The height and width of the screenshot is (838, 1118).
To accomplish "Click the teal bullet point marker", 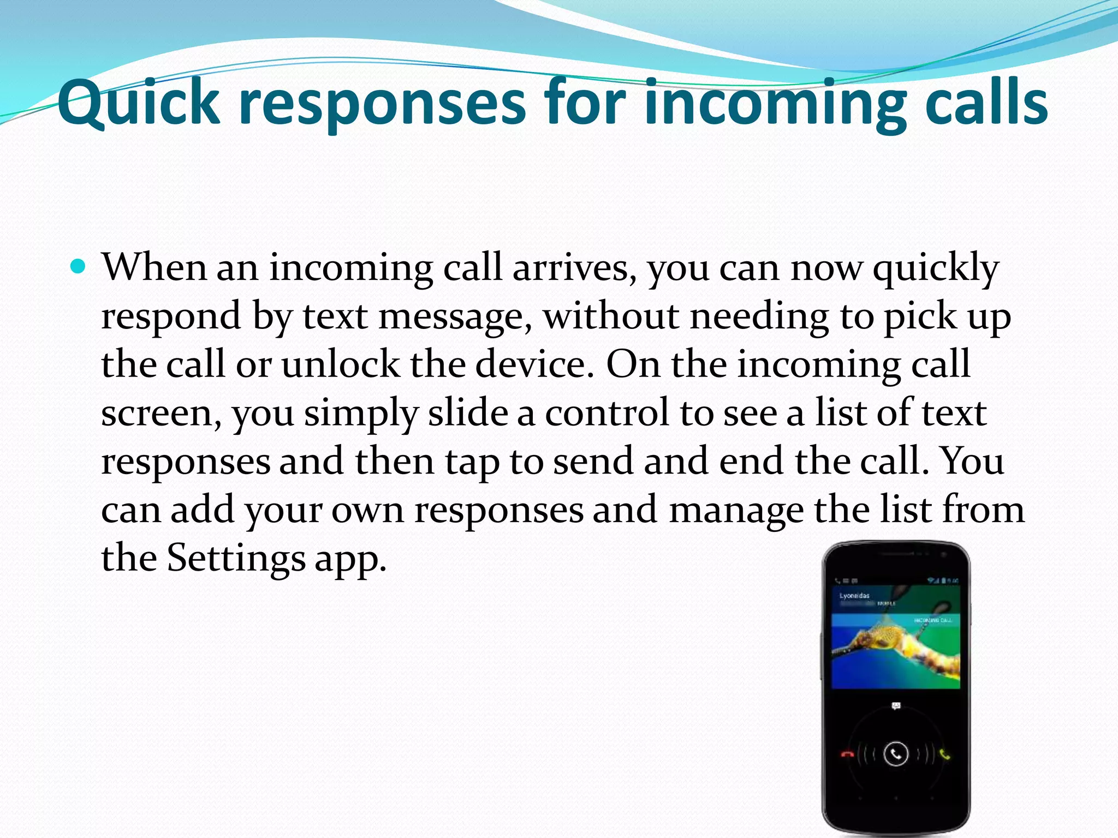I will (x=79, y=267).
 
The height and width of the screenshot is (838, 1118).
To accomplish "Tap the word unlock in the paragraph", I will (x=341, y=364).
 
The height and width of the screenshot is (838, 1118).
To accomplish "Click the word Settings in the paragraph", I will (x=236, y=558).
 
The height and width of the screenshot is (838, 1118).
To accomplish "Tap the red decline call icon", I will (x=847, y=755).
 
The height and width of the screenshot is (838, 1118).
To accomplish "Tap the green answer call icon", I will (x=945, y=755).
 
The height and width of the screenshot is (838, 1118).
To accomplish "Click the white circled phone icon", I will (x=896, y=754).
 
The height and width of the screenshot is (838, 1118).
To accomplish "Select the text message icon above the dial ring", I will (x=896, y=706).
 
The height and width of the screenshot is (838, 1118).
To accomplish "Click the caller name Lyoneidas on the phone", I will (x=854, y=595).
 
